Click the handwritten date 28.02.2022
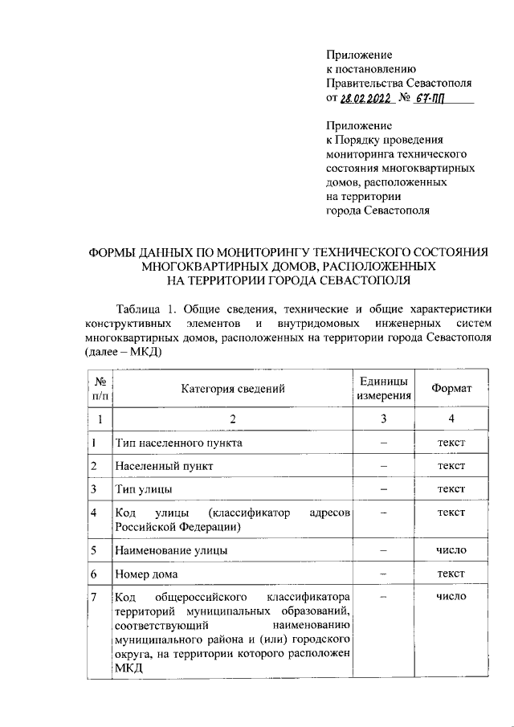click(x=365, y=98)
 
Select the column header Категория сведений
click(x=233, y=389)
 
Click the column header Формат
click(x=451, y=389)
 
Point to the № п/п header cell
click(x=100, y=388)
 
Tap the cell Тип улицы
click(x=145, y=488)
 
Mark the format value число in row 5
click(x=451, y=550)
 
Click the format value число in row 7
click(x=451, y=597)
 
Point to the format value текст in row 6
click(x=451, y=574)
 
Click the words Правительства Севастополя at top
click(x=398, y=84)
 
